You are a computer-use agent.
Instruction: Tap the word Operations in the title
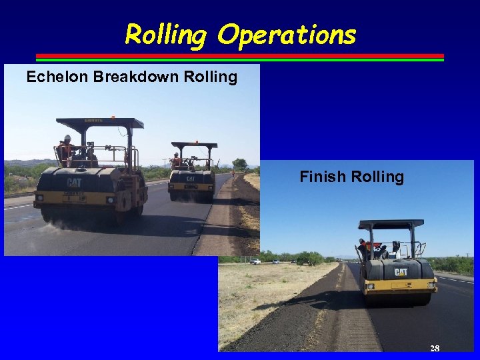click(287, 35)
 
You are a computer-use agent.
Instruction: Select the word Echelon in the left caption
click(57, 77)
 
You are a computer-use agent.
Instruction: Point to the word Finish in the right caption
click(320, 177)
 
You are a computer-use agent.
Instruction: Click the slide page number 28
click(435, 348)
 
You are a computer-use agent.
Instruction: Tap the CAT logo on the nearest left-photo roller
click(73, 183)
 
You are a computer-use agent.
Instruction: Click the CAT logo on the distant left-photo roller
click(191, 179)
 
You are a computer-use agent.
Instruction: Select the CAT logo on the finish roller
click(401, 272)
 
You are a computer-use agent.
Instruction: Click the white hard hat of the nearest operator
click(67, 138)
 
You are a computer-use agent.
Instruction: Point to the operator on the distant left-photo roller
click(177, 159)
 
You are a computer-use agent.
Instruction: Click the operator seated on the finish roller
click(364, 249)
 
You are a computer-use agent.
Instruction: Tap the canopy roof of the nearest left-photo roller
click(100, 123)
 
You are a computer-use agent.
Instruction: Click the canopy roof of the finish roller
click(391, 224)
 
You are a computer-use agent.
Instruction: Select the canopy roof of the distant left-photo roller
click(194, 145)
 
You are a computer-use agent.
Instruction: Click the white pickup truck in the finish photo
click(255, 261)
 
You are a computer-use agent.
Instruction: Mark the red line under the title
click(239, 55)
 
